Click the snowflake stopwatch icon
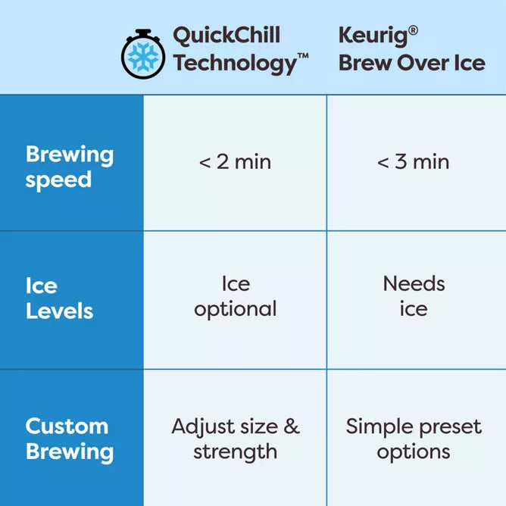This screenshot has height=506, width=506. (x=143, y=55)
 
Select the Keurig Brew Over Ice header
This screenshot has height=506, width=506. (x=411, y=48)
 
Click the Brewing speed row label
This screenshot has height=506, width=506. (x=70, y=167)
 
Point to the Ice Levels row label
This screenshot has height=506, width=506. (x=59, y=298)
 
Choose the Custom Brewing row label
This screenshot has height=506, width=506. (x=70, y=439)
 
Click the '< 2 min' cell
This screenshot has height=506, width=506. (x=235, y=161)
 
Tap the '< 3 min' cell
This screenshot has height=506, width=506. (x=413, y=161)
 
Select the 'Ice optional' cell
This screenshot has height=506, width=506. (x=235, y=296)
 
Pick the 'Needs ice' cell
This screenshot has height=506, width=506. (x=414, y=296)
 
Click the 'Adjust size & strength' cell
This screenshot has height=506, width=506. (x=235, y=439)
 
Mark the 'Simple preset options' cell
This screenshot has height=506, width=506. (x=414, y=439)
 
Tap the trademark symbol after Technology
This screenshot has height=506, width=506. (x=303, y=56)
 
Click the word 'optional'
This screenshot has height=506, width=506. (x=235, y=309)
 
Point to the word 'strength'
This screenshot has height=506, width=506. (x=235, y=452)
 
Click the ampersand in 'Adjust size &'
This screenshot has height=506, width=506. (x=292, y=426)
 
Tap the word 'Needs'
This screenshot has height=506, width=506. (x=414, y=284)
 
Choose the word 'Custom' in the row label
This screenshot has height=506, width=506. (x=67, y=426)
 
